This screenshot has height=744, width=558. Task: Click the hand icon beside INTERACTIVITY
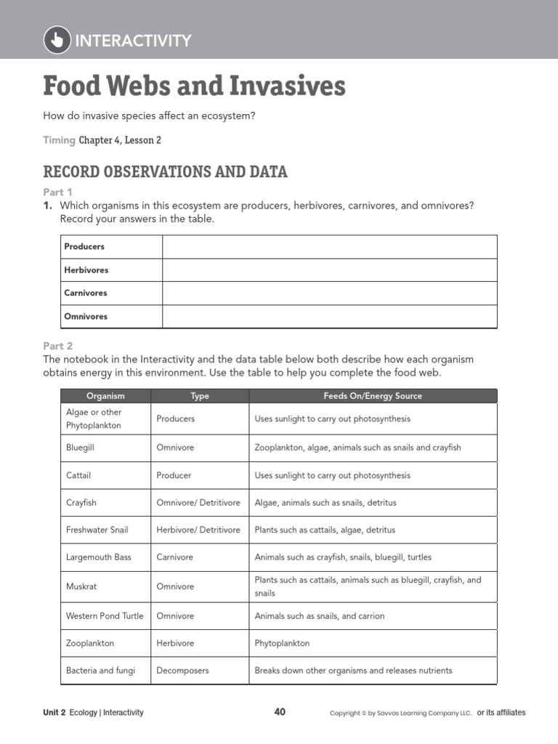(x=57, y=40)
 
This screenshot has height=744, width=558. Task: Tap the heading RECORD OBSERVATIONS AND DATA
(x=165, y=172)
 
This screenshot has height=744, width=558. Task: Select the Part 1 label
(x=57, y=193)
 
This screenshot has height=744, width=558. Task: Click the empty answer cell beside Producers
(x=329, y=247)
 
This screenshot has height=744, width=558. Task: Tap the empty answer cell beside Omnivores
(x=329, y=317)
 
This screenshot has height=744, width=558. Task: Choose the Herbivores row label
(x=86, y=270)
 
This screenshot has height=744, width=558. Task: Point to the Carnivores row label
(x=86, y=294)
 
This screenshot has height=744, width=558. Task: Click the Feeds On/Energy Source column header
(x=372, y=396)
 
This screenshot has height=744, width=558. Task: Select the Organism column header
(x=105, y=396)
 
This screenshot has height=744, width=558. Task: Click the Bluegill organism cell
(x=81, y=448)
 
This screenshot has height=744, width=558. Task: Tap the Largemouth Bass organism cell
(x=99, y=557)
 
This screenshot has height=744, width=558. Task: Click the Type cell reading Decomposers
(x=183, y=671)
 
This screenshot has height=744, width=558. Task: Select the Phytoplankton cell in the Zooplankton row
(x=282, y=644)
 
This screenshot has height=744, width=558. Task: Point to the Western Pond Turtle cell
(x=105, y=616)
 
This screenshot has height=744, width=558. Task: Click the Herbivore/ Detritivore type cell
(x=198, y=530)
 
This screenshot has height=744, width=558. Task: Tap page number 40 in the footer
(x=280, y=712)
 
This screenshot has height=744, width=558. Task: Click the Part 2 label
(x=57, y=347)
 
